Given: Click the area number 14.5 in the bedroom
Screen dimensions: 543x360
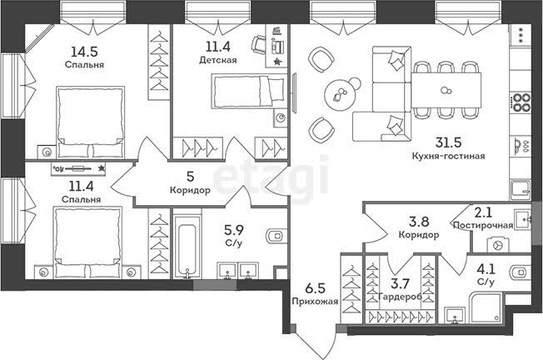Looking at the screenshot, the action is (x=84, y=52).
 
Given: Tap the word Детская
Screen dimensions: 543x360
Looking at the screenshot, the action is (x=218, y=60).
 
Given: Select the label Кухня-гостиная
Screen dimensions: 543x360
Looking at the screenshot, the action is (x=448, y=156).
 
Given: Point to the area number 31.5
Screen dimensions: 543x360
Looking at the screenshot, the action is (x=449, y=142).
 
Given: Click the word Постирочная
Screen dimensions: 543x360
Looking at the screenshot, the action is (x=483, y=225).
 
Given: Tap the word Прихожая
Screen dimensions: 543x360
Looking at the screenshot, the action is (x=315, y=301).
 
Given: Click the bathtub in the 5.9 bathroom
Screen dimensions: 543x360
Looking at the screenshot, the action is (x=187, y=247).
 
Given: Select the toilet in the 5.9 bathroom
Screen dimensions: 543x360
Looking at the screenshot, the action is (x=276, y=237).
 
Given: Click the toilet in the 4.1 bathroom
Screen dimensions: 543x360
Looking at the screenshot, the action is (x=521, y=272).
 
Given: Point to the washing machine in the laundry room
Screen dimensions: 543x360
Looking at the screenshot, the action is (x=498, y=245).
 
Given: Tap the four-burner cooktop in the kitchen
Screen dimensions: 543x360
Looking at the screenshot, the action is (x=521, y=102).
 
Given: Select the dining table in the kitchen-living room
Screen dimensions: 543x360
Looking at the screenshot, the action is (x=446, y=90).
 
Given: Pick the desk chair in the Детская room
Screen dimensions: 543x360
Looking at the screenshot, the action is (x=258, y=45).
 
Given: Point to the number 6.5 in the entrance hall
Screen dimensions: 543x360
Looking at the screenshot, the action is (x=315, y=288).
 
